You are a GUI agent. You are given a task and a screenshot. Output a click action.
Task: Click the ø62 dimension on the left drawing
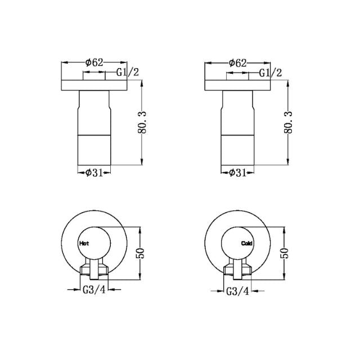tap(95, 62)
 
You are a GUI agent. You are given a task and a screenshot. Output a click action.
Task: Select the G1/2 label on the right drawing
tap(270, 73)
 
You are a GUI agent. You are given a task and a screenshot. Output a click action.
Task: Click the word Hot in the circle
tap(85, 244)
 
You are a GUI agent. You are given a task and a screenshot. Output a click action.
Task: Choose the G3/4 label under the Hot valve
tap(94, 290)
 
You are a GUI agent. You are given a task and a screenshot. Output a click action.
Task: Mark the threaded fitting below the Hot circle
tap(94, 269)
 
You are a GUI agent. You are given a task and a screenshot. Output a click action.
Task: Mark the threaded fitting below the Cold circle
tap(238, 269)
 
